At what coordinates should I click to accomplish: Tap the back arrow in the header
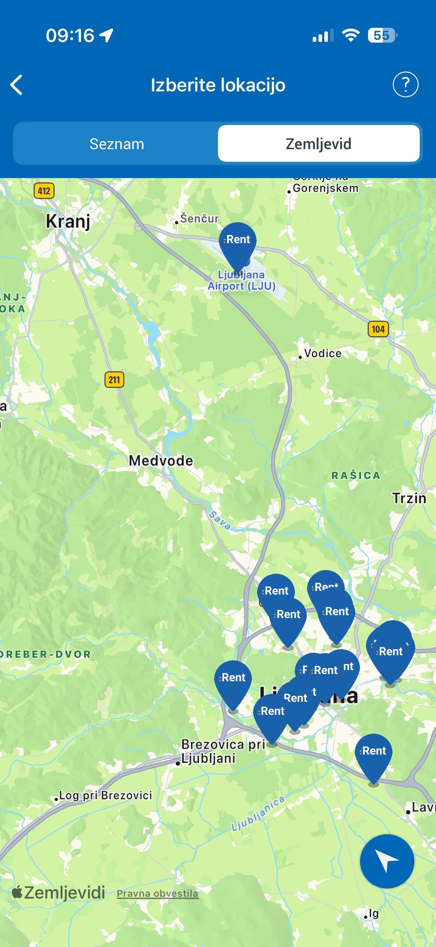click(x=17, y=85)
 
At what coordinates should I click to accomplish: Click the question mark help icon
click(x=405, y=85)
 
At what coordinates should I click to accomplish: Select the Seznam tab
click(x=117, y=144)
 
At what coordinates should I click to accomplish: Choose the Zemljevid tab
click(x=318, y=144)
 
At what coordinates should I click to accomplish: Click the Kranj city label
click(x=68, y=221)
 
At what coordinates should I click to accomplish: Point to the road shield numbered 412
click(x=44, y=191)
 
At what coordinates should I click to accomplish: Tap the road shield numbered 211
click(x=115, y=380)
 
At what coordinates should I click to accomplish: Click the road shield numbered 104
click(x=378, y=329)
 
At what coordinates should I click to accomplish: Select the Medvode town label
click(x=161, y=460)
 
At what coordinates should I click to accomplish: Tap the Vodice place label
click(x=322, y=354)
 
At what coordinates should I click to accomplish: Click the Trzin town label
click(x=409, y=498)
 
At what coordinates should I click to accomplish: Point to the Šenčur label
click(x=199, y=219)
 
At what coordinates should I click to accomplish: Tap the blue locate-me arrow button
click(x=387, y=861)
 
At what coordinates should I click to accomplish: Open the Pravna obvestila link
click(x=158, y=893)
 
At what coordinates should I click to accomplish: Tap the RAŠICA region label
click(x=356, y=475)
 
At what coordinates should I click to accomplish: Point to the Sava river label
click(x=220, y=520)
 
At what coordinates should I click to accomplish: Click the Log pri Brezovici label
click(x=105, y=796)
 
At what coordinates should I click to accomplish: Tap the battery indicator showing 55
click(x=382, y=36)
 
